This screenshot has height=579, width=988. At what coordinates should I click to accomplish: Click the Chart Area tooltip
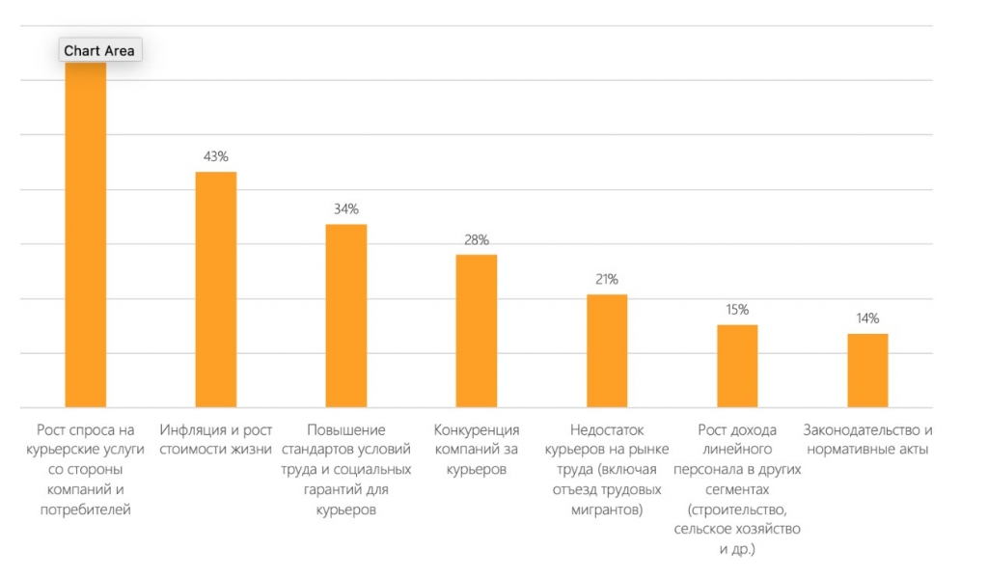coord(100,50)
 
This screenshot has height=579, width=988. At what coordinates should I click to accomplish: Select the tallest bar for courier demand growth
coord(86,234)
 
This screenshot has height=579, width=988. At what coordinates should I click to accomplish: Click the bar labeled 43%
coord(216,289)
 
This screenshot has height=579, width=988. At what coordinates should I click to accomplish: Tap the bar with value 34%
coord(346,316)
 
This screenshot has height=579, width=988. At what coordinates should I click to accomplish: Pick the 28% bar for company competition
coord(477,331)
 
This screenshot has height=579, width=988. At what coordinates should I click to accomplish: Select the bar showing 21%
coord(607,351)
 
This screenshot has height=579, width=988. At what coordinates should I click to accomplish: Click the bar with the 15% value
coord(737,366)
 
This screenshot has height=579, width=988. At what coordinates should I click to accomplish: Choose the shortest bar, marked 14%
coord(867,371)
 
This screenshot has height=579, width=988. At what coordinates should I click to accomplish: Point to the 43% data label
coord(216,156)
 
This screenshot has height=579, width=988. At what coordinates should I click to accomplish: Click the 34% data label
coord(346,208)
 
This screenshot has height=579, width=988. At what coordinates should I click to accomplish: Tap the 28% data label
coord(477,239)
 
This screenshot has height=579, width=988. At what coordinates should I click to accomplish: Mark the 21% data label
coord(607,279)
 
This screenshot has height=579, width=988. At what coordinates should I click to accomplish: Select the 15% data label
coord(737,310)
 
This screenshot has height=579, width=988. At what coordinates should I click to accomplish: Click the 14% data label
coord(867,318)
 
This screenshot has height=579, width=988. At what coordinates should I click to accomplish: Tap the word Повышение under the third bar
coord(346,430)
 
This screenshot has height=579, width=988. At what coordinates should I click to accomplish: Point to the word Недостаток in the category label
coord(607,430)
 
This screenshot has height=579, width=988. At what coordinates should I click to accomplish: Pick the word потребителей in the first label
coord(86,510)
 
